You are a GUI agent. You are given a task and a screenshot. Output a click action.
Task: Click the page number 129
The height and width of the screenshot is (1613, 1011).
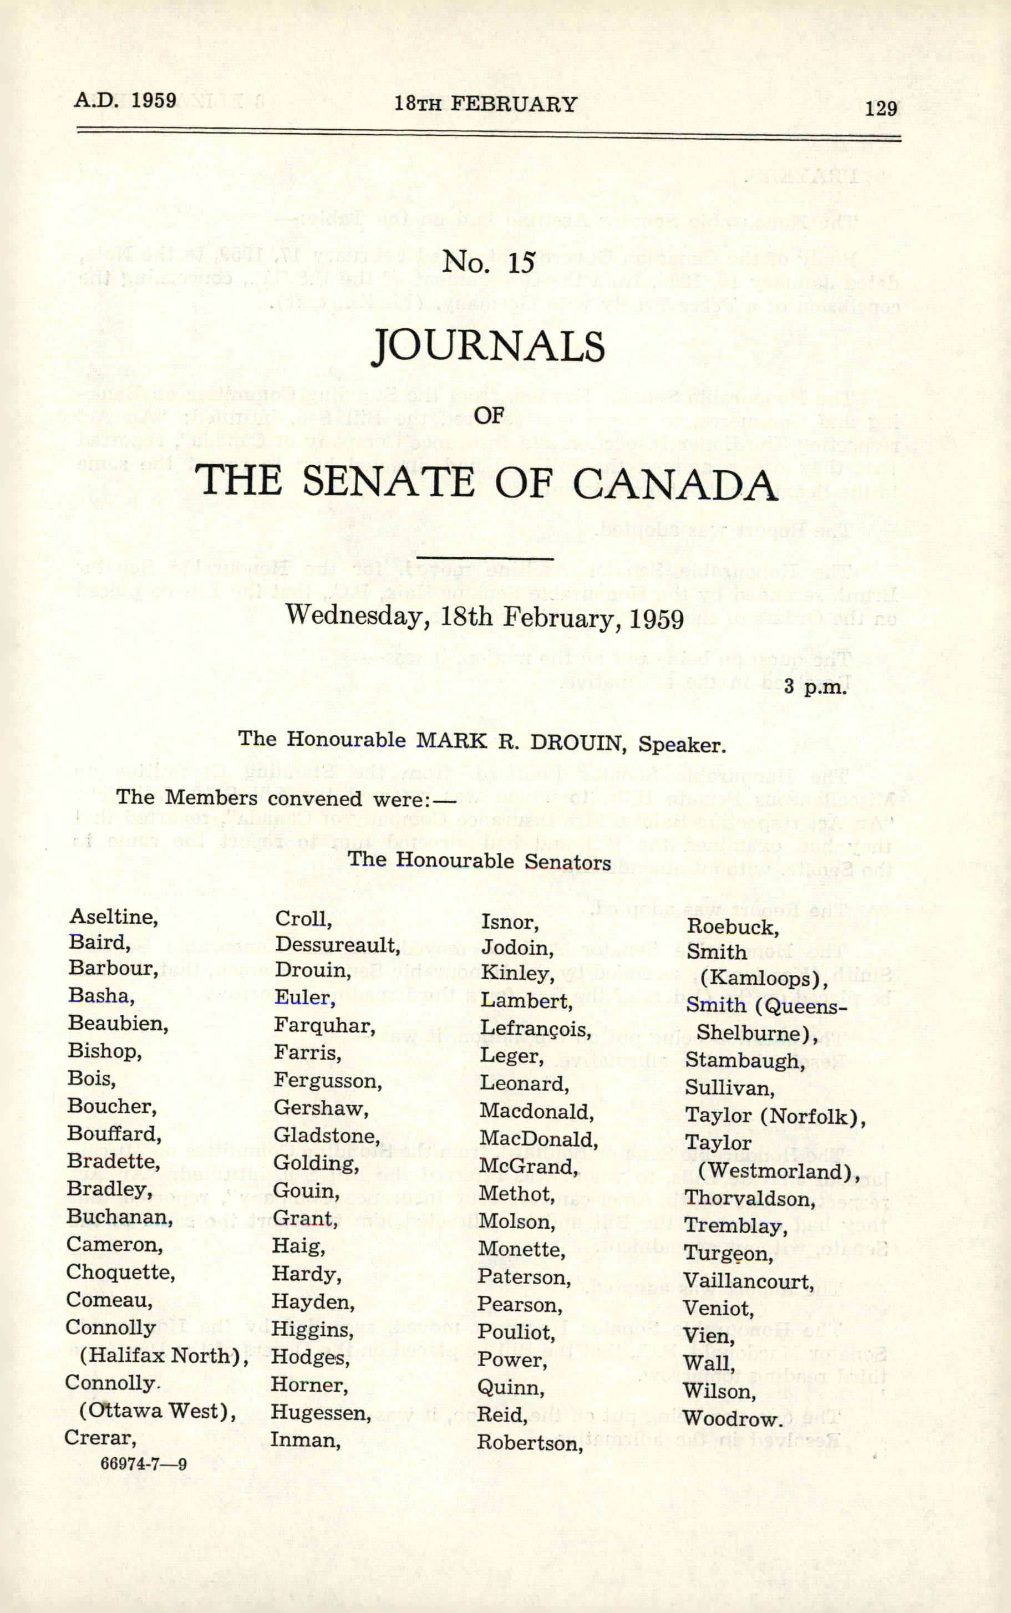pos(881,108)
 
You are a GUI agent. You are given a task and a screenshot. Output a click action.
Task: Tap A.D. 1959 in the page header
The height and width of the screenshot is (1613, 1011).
pos(125,100)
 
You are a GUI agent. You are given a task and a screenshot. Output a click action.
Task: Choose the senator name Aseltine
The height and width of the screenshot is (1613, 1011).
pos(113,917)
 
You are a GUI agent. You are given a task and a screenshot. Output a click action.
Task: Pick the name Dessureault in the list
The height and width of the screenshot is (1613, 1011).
pos(336,944)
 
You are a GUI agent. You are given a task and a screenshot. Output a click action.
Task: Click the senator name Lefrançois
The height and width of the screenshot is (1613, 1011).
pos(535,1028)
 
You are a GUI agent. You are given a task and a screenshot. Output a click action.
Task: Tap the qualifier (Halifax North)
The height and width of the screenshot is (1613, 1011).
pos(164,1356)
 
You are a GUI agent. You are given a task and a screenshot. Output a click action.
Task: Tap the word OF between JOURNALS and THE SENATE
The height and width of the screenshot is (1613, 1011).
pos(488,415)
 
